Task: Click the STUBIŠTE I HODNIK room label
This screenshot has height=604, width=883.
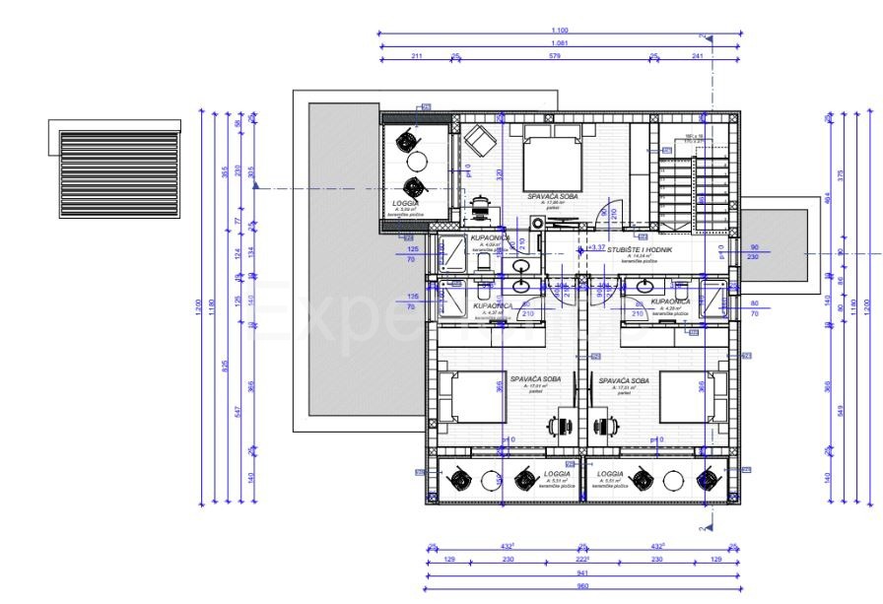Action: coord(640,250)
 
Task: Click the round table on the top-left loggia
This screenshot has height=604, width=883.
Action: coord(416,164)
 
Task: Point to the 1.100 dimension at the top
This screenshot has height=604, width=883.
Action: coord(560,31)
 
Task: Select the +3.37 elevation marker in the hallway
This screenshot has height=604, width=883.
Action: coord(596,248)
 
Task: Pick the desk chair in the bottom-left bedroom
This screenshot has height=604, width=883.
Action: coord(561,426)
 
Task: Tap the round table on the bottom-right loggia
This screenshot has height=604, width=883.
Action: coord(674,481)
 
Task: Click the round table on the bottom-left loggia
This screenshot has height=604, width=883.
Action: coord(491,481)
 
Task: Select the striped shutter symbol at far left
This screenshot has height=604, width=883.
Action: coord(118,173)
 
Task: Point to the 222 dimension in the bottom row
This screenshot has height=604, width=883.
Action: coord(581,560)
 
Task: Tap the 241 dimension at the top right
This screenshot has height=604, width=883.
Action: coord(699,56)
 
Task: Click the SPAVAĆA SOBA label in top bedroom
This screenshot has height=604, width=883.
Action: coord(552,196)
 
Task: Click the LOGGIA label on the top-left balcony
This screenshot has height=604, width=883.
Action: coord(406,202)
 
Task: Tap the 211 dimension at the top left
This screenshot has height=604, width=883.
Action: coord(416,56)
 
